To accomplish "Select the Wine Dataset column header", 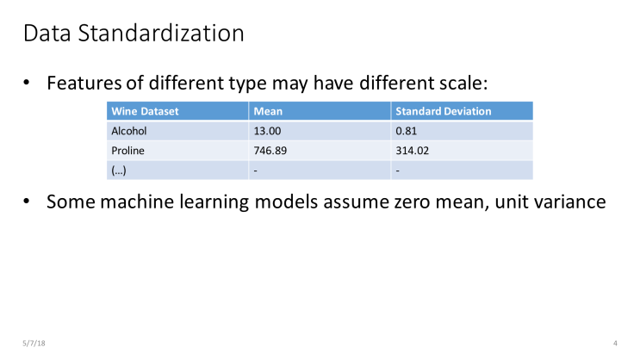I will point(145,112).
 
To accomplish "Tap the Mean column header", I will point(268,112).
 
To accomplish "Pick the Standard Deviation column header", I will point(443,112).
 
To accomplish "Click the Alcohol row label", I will point(129,131).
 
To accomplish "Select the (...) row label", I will point(120,171).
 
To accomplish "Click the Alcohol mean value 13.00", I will point(268,131).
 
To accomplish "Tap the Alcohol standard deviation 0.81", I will point(406,131).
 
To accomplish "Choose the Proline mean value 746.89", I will point(272,151).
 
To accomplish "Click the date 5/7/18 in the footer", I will point(34,344).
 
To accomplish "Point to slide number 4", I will point(615,344).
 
